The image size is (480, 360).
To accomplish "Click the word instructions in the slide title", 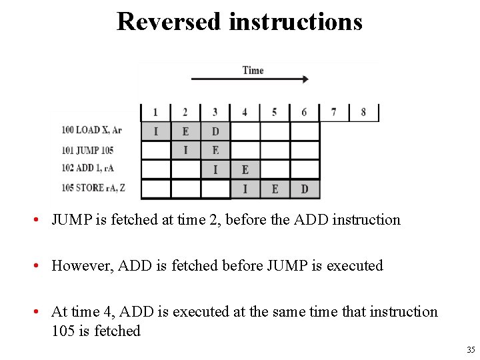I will click(295, 21).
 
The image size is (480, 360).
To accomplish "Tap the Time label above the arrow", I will click(253, 70).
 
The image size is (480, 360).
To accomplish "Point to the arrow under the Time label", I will click(250, 79).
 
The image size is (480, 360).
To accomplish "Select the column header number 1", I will click(155, 112).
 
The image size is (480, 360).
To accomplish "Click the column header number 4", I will click(245, 112).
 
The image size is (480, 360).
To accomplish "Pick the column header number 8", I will click(363, 112).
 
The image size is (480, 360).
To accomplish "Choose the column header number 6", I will click(304, 112).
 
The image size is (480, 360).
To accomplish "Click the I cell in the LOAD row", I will click(156, 131).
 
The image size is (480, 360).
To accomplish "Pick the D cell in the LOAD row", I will click(215, 131).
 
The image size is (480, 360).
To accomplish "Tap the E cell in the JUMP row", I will click(215, 151).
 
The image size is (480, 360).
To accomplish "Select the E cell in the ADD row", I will click(245, 170).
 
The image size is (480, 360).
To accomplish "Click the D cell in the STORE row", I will click(304, 189).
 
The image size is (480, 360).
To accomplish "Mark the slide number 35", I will click(471, 349).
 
